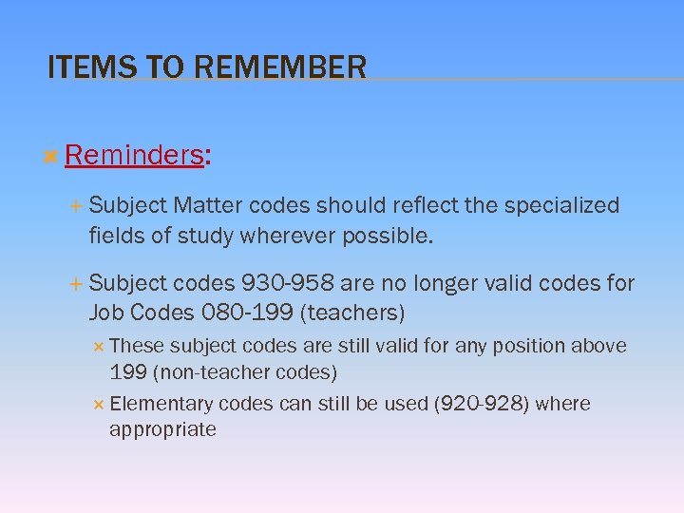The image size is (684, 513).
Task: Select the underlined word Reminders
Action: [134, 155]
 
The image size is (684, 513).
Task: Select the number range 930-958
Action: [288, 283]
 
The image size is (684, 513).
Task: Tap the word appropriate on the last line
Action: [162, 429]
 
